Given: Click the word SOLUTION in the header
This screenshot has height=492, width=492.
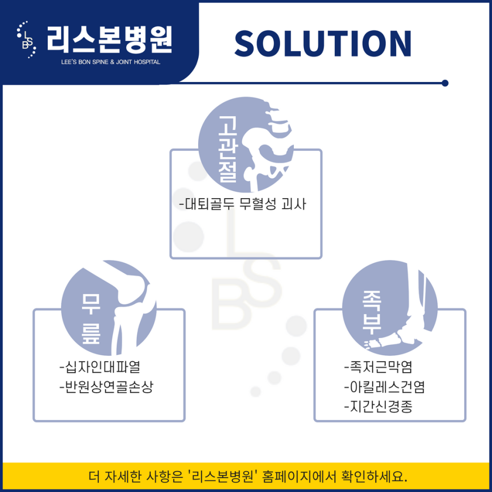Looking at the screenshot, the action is click(322, 43).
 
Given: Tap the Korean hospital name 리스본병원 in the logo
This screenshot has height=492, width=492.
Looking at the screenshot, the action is click(109, 39).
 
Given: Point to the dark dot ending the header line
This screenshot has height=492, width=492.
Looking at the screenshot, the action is click(445, 83).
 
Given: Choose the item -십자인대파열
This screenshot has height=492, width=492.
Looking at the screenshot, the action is click(100, 365).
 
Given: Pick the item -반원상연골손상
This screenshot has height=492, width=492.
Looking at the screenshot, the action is click(107, 388).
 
